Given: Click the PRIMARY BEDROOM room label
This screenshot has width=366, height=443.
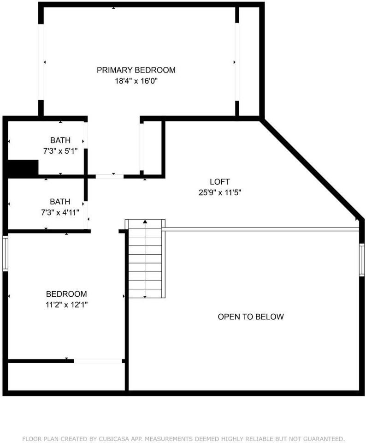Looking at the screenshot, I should click(136, 70).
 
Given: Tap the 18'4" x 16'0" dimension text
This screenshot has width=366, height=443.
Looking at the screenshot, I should click(136, 81).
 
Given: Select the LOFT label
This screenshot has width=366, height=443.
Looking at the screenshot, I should click(219, 182).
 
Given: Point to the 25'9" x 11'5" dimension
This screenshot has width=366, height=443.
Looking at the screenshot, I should click(219, 192).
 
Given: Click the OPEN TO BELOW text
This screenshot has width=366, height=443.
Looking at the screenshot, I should click(251, 317).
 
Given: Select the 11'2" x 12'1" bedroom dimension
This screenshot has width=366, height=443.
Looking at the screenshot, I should click(66, 305).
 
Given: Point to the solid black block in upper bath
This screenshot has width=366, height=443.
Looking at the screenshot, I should click(23, 168).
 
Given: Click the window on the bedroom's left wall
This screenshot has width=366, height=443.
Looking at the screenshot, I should click(5, 253).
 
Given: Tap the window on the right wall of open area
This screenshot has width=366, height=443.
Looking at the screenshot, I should click(362, 260).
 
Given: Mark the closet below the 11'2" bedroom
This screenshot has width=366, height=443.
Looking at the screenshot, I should click(66, 377).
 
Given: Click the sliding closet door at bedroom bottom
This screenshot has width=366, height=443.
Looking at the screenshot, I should click(98, 360).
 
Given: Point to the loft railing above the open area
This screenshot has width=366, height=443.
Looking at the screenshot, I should click(260, 228).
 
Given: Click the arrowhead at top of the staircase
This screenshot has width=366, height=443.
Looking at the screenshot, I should click(145, 222).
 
